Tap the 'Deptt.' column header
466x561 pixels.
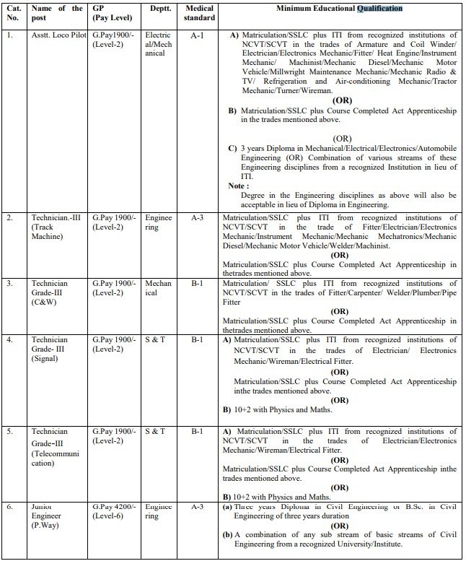154,8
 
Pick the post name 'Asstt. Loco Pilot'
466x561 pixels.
56,34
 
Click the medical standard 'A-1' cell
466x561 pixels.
196,33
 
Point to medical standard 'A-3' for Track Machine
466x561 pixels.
196,217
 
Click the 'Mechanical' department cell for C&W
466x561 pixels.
158,289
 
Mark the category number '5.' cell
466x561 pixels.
9,432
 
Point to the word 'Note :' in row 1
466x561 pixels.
239,186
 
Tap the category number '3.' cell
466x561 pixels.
9,284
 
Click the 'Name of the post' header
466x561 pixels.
58,13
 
